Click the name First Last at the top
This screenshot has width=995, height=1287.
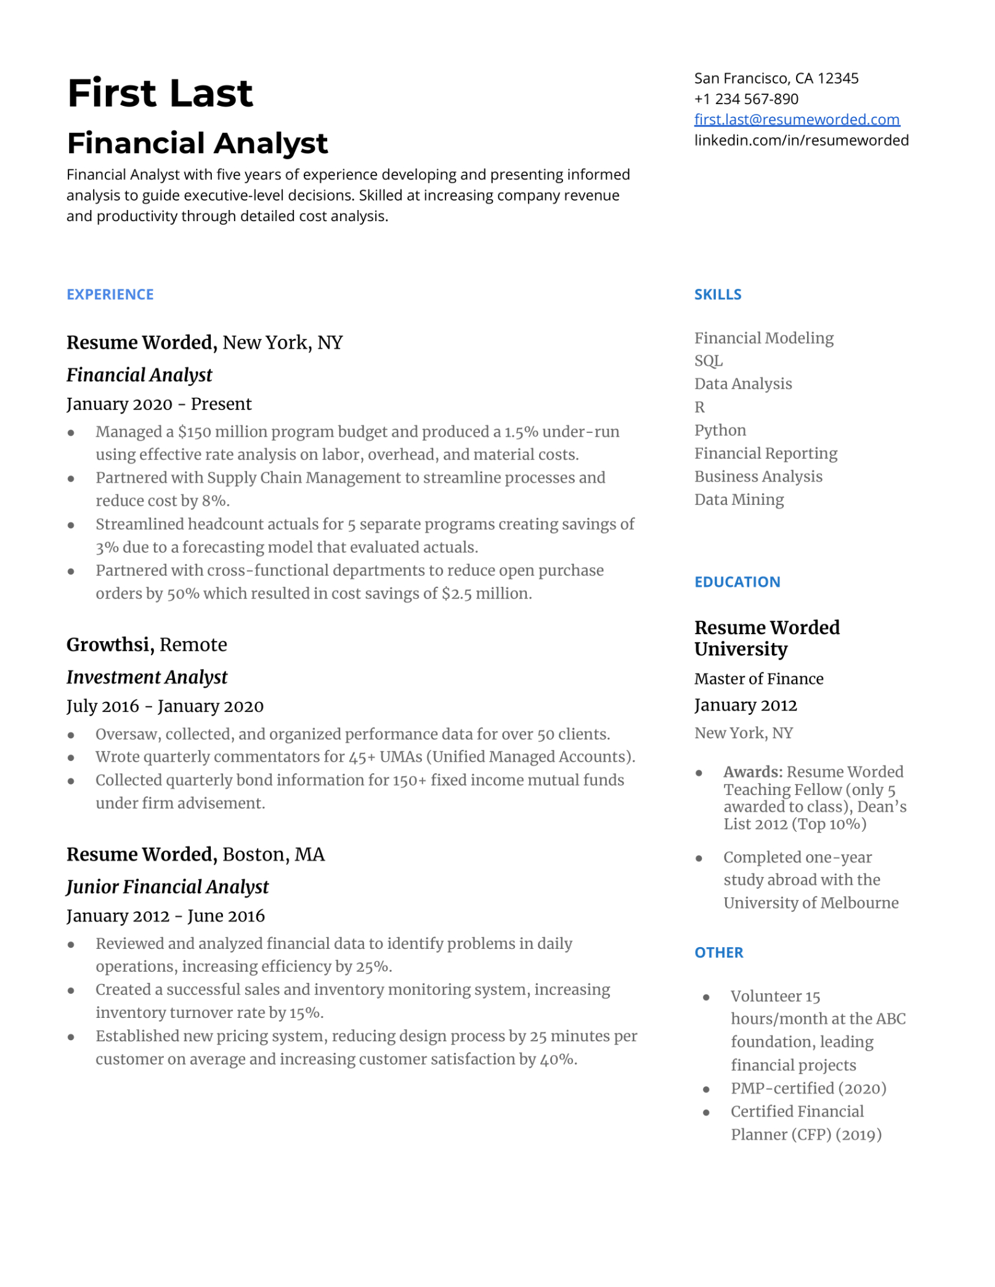(x=160, y=94)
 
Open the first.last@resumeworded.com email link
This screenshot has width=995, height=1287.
(x=796, y=119)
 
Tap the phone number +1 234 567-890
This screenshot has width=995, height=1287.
(x=745, y=99)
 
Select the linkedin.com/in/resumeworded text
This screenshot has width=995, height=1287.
(x=801, y=140)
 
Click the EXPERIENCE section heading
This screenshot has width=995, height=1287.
(x=110, y=294)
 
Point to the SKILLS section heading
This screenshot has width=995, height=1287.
(x=717, y=294)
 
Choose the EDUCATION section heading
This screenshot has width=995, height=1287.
(x=737, y=582)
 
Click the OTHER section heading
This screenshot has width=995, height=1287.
(x=718, y=952)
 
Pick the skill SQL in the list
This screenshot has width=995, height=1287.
(x=708, y=361)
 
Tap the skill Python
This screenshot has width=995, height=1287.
(x=720, y=430)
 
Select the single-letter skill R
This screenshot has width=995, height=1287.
(x=699, y=407)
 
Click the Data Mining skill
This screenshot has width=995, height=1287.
(x=739, y=499)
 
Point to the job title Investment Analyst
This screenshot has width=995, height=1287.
(x=147, y=677)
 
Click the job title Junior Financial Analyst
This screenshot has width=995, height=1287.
(x=168, y=887)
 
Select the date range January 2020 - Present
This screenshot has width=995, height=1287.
(x=159, y=404)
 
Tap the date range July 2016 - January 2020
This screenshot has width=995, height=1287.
(x=164, y=706)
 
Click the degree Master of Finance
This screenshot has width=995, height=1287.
(x=758, y=679)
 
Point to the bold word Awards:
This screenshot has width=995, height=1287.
(x=752, y=772)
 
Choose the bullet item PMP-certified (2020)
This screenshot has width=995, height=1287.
(x=808, y=1088)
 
